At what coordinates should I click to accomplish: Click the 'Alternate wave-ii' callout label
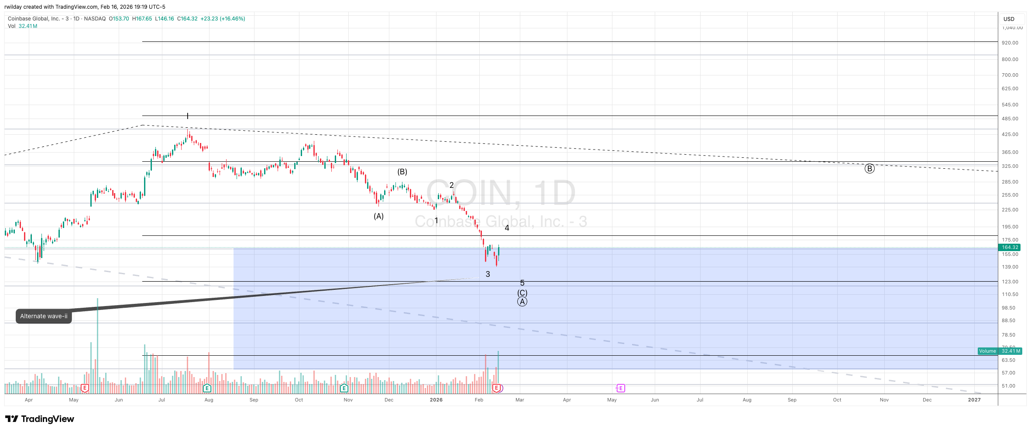point(44,316)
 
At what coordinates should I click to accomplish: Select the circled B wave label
point(869,169)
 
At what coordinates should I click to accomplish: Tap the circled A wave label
point(522,302)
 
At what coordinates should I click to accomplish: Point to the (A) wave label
point(378,216)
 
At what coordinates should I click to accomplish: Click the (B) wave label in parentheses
point(402,172)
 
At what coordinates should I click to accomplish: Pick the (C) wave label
point(522,293)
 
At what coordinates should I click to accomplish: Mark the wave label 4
point(507,228)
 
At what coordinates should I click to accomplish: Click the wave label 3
point(488,274)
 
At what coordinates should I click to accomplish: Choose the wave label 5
point(522,283)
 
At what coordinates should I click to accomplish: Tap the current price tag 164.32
point(1010,247)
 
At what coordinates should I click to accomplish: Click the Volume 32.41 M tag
point(1000,351)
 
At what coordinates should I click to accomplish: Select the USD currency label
point(1009,19)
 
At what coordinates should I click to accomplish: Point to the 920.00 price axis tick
point(1010,43)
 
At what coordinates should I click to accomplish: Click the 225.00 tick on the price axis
point(1010,210)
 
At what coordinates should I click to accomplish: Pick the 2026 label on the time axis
point(436,400)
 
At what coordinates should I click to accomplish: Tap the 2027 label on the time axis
point(974,400)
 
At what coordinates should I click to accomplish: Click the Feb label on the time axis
point(479,400)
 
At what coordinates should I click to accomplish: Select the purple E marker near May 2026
point(620,388)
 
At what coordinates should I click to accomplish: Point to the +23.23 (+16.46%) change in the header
point(223,19)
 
